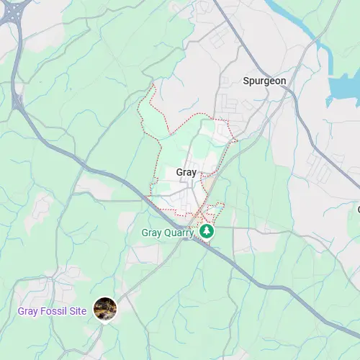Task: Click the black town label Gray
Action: pos(186,173)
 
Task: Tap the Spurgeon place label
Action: pos(264,81)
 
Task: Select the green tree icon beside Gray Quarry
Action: pos(207,232)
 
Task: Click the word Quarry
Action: pos(179,233)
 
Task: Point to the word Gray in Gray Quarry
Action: pos(151,233)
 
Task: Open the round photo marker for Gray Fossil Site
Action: pos(105,309)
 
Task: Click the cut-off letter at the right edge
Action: pos(358,210)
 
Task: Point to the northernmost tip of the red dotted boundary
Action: pos(153,84)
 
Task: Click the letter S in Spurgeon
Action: pos(246,81)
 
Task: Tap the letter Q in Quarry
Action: pos(168,233)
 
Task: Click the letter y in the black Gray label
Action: pos(194,174)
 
